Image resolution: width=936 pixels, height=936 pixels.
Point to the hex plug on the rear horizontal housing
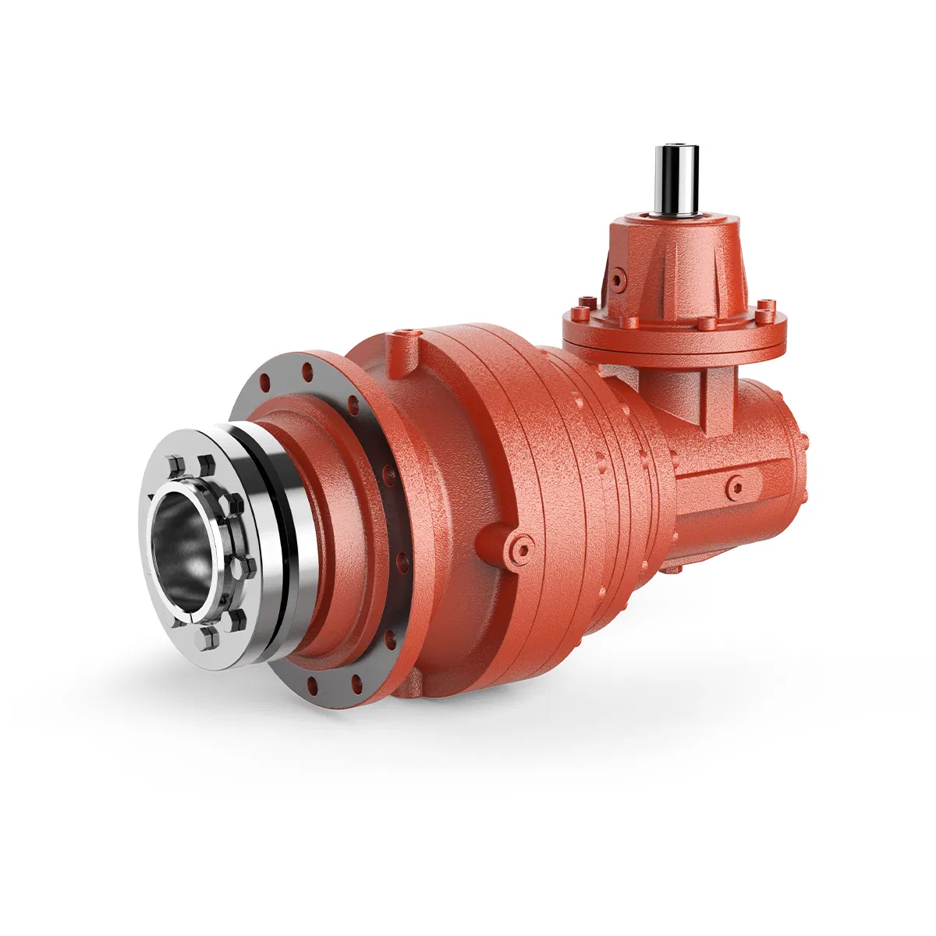coord(734,488)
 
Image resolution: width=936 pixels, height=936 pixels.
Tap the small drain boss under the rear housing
coord(672,567)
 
